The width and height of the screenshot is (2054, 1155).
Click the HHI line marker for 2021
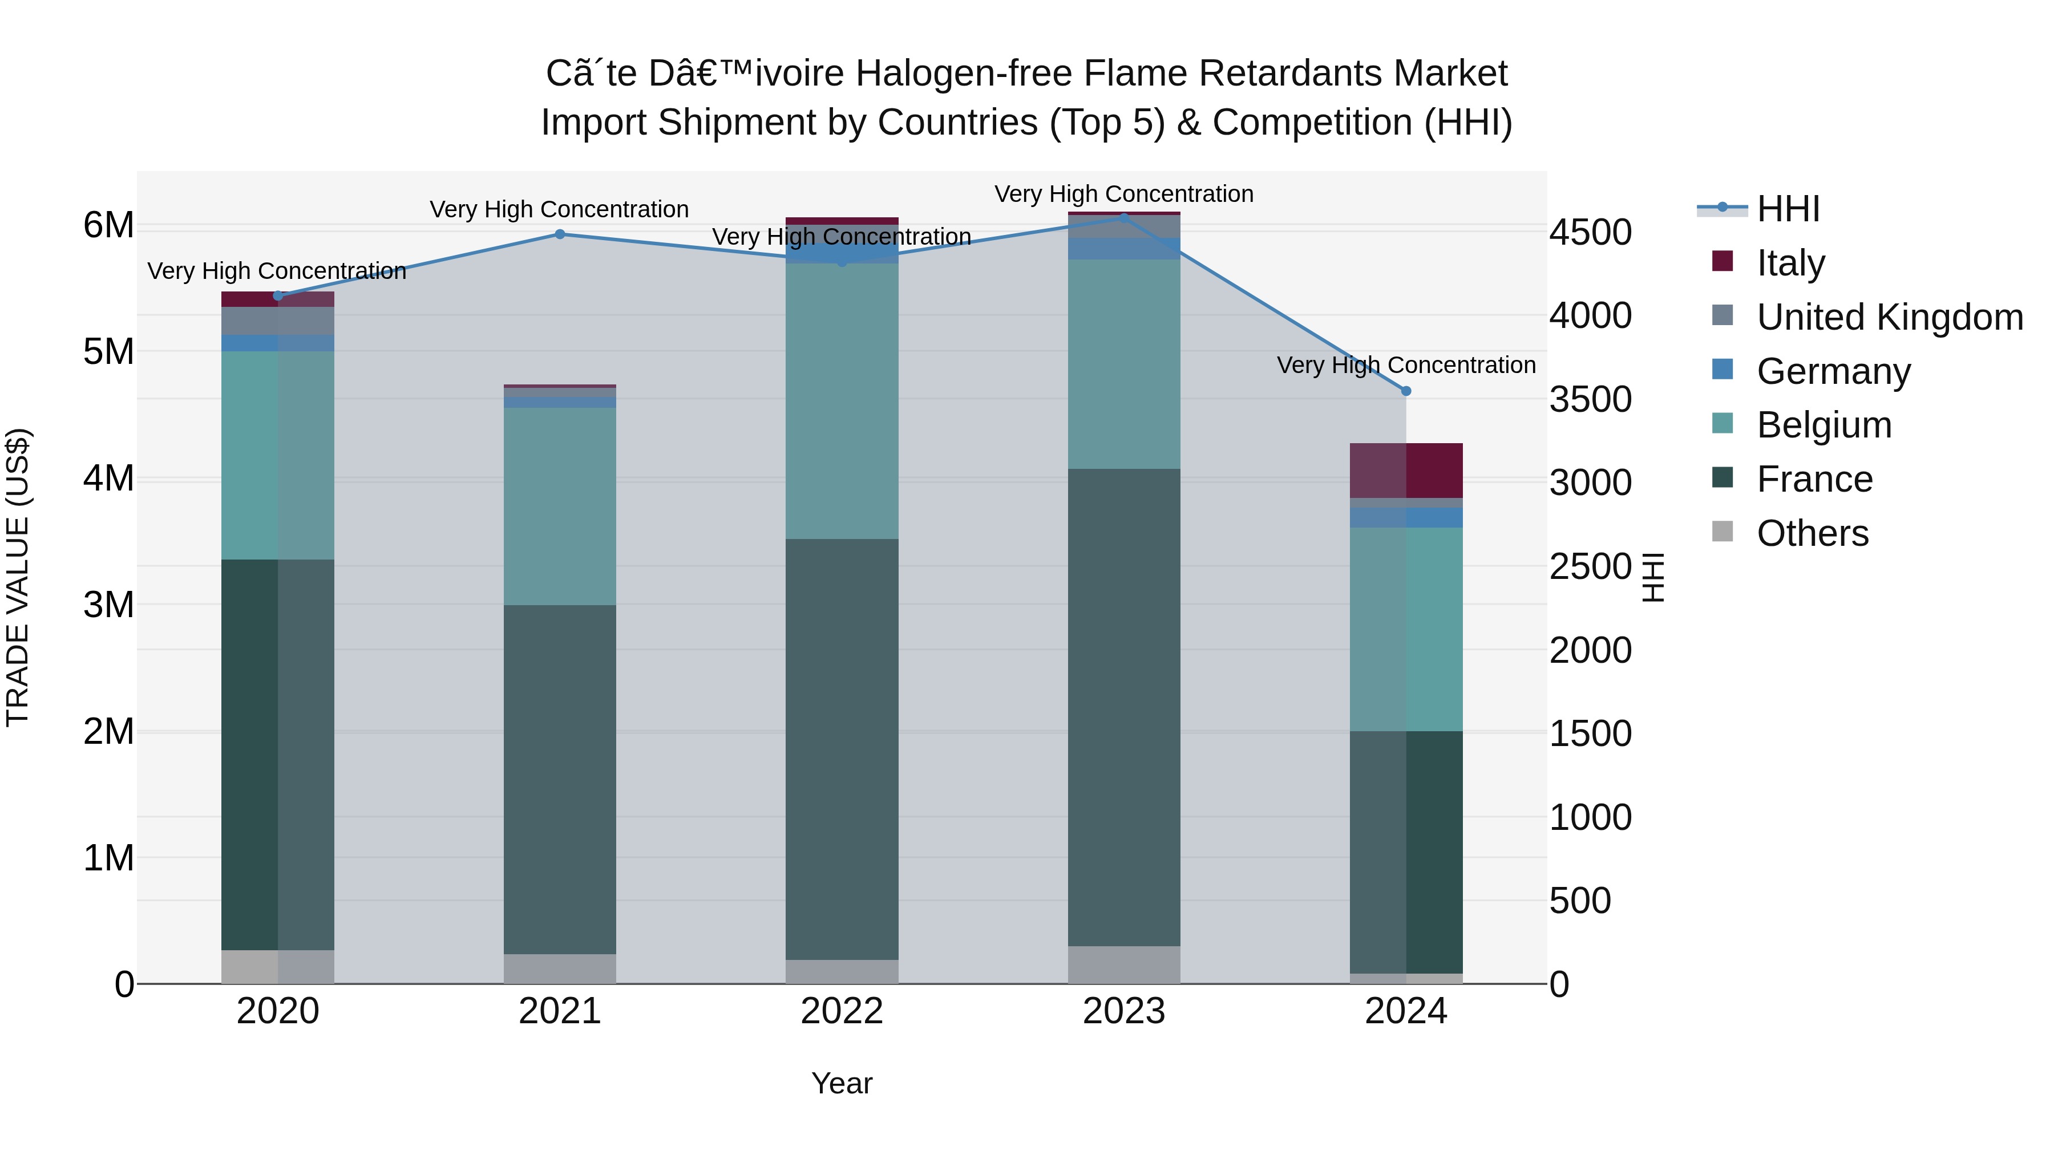point(560,234)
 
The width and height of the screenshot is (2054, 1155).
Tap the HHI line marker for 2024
point(1406,391)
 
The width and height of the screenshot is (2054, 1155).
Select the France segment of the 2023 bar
point(1123,707)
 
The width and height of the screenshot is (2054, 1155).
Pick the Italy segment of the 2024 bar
point(1406,471)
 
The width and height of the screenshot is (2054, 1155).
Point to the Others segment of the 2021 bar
point(560,968)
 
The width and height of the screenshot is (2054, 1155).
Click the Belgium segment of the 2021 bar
point(560,506)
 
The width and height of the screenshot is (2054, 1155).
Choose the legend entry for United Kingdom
point(1889,317)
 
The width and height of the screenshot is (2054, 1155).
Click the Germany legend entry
point(1833,371)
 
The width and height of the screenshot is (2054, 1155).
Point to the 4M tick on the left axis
point(108,479)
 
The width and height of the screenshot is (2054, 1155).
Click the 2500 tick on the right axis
point(1591,567)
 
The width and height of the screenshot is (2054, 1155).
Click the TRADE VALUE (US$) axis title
point(18,577)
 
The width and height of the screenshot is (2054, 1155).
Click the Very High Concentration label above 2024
point(1406,365)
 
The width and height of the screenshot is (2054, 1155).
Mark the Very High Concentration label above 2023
point(1123,194)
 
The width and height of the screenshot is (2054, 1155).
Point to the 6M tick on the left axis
point(108,225)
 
